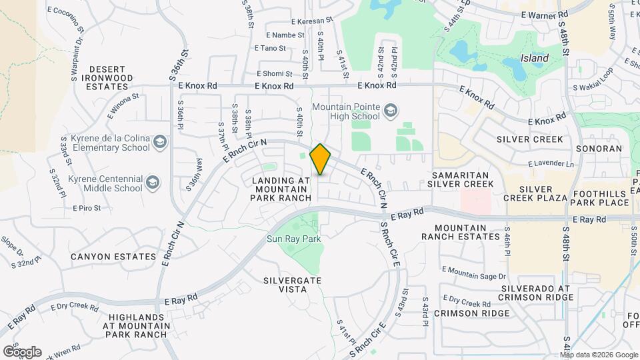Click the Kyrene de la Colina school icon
[x=160, y=141]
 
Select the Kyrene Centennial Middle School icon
[x=153, y=182]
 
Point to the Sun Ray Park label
[x=294, y=239]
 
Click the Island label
[x=535, y=58]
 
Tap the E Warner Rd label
[x=544, y=13]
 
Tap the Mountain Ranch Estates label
[x=461, y=231]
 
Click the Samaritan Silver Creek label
[x=461, y=178]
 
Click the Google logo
[x=21, y=351]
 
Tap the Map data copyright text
[x=589, y=354]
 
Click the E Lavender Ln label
[x=550, y=164]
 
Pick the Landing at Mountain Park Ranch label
[x=281, y=189]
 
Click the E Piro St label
[x=87, y=208]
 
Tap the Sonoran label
[x=598, y=149]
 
